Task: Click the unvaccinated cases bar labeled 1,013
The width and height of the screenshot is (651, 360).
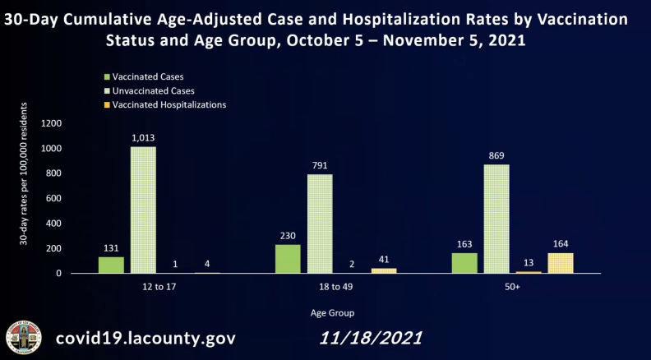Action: (143, 210)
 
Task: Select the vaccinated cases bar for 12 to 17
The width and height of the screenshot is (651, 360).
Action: (111, 265)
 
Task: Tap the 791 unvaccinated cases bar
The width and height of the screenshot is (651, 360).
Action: (320, 224)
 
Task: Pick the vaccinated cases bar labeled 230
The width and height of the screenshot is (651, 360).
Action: (288, 259)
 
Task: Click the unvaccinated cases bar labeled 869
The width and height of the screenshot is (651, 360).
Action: (496, 219)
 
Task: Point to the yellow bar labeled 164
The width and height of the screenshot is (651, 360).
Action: (561, 263)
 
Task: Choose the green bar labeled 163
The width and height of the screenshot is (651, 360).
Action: (464, 263)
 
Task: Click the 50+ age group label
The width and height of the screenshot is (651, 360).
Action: (512, 288)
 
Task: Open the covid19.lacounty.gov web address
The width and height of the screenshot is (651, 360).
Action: (145, 338)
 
